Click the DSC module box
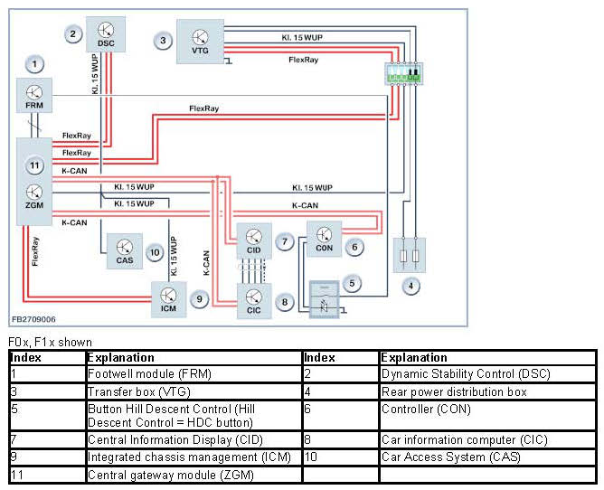(x=105, y=33)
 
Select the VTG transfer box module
(x=200, y=40)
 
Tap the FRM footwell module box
(x=34, y=96)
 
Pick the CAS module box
(x=124, y=250)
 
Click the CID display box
(x=253, y=240)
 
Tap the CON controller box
(x=325, y=237)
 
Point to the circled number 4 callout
(x=412, y=287)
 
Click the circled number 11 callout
(x=34, y=165)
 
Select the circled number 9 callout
(x=201, y=297)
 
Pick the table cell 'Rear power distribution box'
(x=439, y=391)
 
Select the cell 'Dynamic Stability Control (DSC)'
(x=465, y=373)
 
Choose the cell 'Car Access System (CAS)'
(x=451, y=457)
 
